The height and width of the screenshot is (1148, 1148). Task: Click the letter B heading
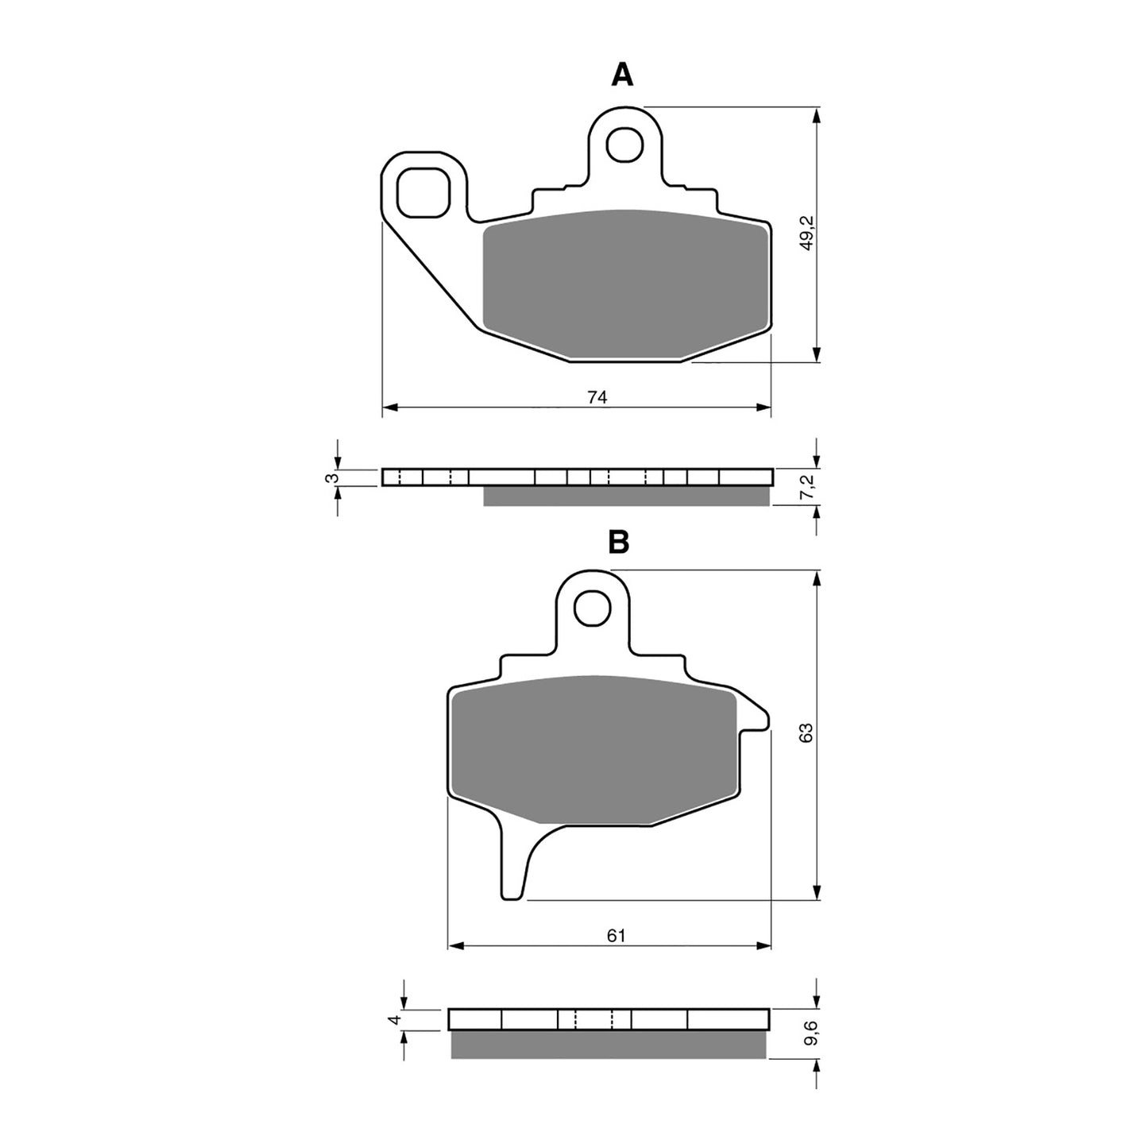618,543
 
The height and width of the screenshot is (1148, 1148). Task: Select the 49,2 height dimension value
806,235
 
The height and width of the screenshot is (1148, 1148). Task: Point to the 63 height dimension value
806,733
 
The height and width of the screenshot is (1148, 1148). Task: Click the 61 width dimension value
617,936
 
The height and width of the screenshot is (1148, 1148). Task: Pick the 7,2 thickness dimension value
806,489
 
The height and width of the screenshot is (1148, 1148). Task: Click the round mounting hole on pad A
624,144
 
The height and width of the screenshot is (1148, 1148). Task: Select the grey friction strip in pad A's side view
626,496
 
